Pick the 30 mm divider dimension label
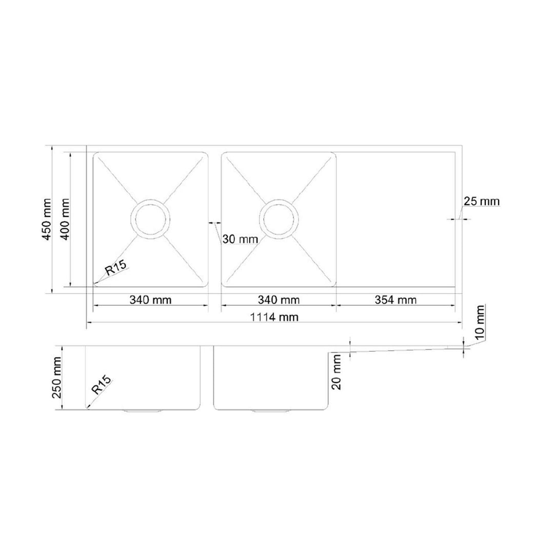(x=240, y=239)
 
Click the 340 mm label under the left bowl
(x=150, y=300)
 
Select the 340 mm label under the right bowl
(x=278, y=300)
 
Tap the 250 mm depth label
(x=57, y=378)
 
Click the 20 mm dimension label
(x=337, y=372)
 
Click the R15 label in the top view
(x=116, y=269)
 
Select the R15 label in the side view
(x=102, y=385)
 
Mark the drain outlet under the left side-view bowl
(x=142, y=411)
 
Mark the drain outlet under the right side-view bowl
(x=270, y=411)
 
